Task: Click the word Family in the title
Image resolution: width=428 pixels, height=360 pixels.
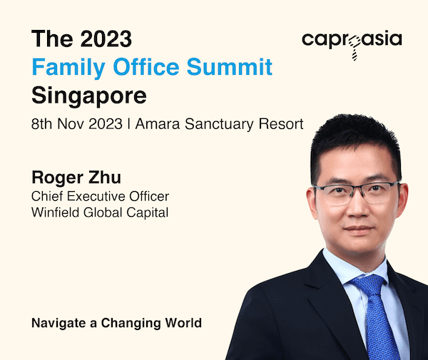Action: (x=68, y=67)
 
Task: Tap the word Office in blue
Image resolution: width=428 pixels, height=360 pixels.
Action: (x=146, y=66)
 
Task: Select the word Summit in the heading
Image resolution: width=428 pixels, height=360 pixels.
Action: (x=230, y=66)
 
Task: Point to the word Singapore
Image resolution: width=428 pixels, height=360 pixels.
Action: (x=89, y=96)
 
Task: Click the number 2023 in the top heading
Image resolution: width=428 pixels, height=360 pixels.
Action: (x=106, y=38)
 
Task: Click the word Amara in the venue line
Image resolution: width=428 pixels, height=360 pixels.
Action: (x=158, y=124)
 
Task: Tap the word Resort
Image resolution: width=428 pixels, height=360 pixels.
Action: (x=281, y=124)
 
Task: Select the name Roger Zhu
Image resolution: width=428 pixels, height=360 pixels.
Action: (x=76, y=178)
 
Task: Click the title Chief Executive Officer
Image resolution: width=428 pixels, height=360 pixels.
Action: (x=100, y=196)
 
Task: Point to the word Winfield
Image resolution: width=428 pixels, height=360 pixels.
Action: (x=56, y=212)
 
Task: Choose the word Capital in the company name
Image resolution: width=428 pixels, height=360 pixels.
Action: (x=148, y=213)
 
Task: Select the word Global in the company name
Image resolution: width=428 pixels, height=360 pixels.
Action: (x=103, y=212)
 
